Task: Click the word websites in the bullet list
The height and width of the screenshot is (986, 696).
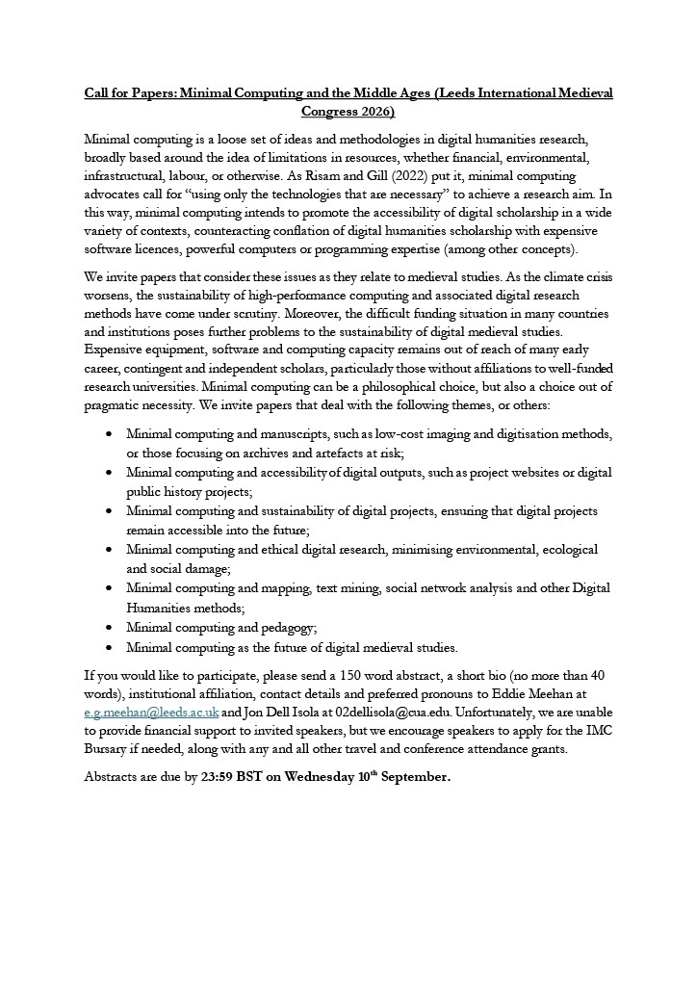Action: coord(512,472)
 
